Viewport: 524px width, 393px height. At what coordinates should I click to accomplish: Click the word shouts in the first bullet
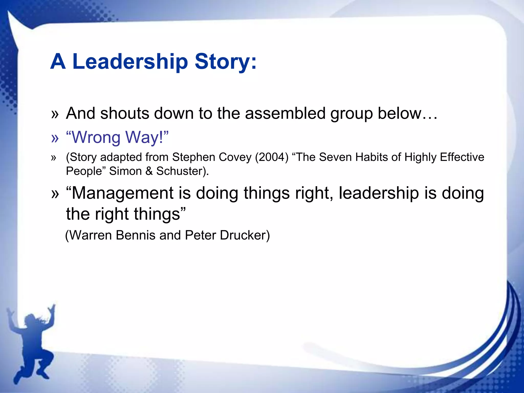coord(125,113)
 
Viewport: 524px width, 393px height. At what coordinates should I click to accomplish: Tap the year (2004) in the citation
coord(272,157)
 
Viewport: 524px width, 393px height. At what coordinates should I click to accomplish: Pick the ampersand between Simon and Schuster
coord(149,171)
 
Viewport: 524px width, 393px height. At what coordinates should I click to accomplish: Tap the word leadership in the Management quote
coord(379,193)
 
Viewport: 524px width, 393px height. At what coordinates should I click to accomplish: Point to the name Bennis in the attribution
coord(135,235)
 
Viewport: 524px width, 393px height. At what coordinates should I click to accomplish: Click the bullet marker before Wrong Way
coord(55,138)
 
